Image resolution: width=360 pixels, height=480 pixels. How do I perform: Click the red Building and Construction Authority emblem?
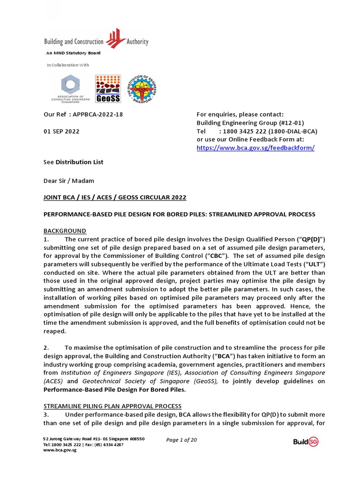pyautogui.click(x=115, y=40)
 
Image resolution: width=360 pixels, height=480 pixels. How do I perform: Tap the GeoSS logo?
pyautogui.click(x=108, y=89)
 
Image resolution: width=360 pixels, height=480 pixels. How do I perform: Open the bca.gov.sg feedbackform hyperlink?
pyautogui.click(x=255, y=148)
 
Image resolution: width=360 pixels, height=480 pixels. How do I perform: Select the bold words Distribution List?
pyautogui.click(x=79, y=162)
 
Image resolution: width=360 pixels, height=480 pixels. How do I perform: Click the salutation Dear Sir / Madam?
pyautogui.click(x=68, y=180)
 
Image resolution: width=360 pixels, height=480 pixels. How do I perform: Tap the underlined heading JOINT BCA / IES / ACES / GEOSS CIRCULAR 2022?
pyautogui.click(x=115, y=197)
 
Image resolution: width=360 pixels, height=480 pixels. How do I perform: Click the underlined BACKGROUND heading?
pyautogui.click(x=65, y=231)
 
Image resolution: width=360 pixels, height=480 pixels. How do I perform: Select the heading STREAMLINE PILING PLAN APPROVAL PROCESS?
pyautogui.click(x=112, y=406)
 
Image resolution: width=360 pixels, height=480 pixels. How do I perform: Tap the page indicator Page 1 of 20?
pyautogui.click(x=182, y=440)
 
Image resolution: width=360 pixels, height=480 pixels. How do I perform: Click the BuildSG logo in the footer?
pyautogui.click(x=306, y=442)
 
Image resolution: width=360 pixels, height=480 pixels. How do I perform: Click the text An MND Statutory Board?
pyautogui.click(x=73, y=53)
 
